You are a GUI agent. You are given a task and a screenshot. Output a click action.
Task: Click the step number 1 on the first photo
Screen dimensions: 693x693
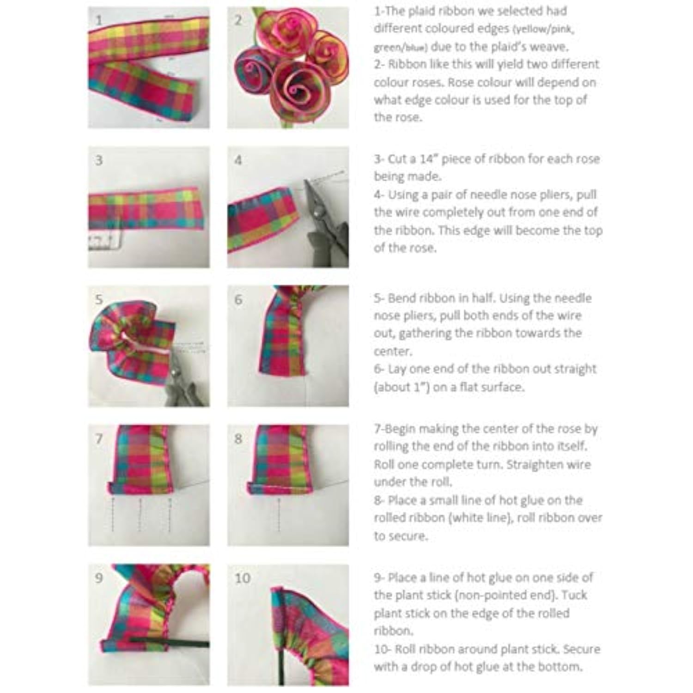(99, 20)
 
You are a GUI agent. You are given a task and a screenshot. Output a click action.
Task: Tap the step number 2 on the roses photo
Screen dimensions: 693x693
(238, 20)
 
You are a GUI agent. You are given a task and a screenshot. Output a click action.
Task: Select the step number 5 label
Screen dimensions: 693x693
(99, 299)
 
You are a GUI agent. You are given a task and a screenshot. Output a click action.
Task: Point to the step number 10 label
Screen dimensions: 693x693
(243, 578)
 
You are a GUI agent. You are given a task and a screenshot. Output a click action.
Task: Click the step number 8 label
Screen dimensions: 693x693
(238, 438)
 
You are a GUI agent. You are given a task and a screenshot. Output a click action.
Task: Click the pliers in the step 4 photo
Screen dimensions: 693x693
(323, 222)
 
